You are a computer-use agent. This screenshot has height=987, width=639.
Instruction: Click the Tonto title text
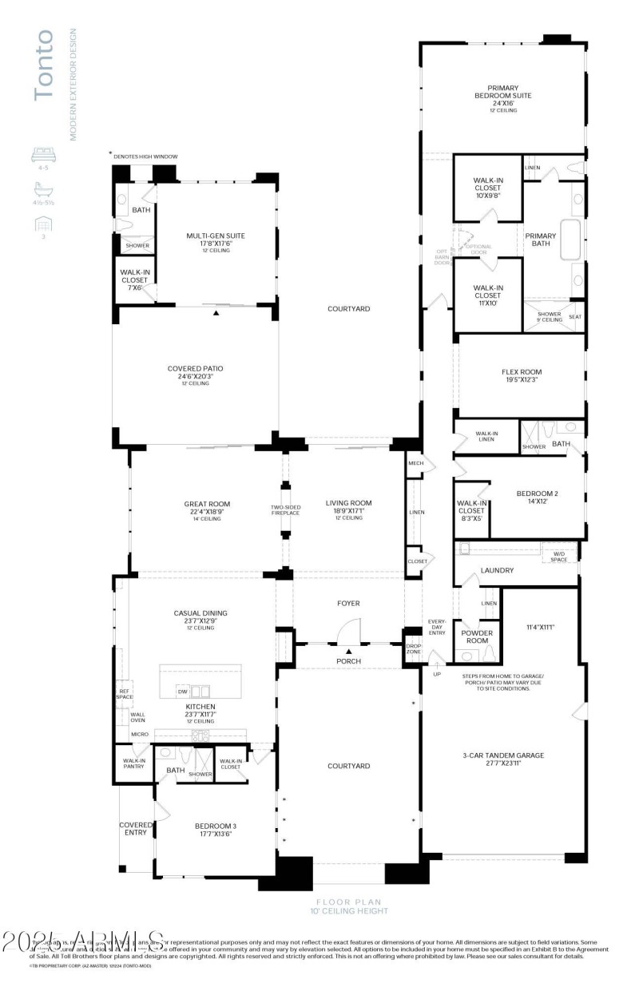tap(44, 65)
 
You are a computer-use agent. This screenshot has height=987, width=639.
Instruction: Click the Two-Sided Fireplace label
tap(284, 511)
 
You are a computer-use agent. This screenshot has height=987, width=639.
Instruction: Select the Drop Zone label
tap(413, 648)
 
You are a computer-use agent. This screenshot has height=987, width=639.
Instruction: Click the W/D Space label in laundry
tap(559, 555)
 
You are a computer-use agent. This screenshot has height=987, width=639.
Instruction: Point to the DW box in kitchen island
tap(183, 692)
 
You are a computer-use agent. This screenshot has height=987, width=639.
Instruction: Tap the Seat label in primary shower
tap(574, 317)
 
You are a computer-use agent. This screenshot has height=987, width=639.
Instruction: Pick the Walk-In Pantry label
tap(133, 763)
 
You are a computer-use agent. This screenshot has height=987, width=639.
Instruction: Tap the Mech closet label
tap(415, 463)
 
